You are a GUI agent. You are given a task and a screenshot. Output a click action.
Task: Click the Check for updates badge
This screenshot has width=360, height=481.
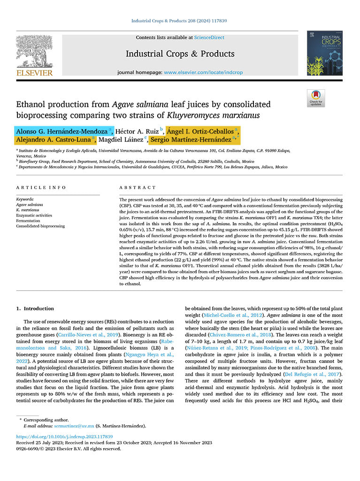coord(316,98)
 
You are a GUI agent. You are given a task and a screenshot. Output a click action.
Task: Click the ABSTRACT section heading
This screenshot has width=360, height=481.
coord(134,187)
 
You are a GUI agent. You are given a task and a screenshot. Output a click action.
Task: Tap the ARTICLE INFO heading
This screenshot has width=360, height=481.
coord(41,187)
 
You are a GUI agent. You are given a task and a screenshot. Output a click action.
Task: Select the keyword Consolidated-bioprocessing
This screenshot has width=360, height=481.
coord(40,226)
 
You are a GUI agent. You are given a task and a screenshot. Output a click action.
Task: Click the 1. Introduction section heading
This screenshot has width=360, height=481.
coord(35,309)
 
